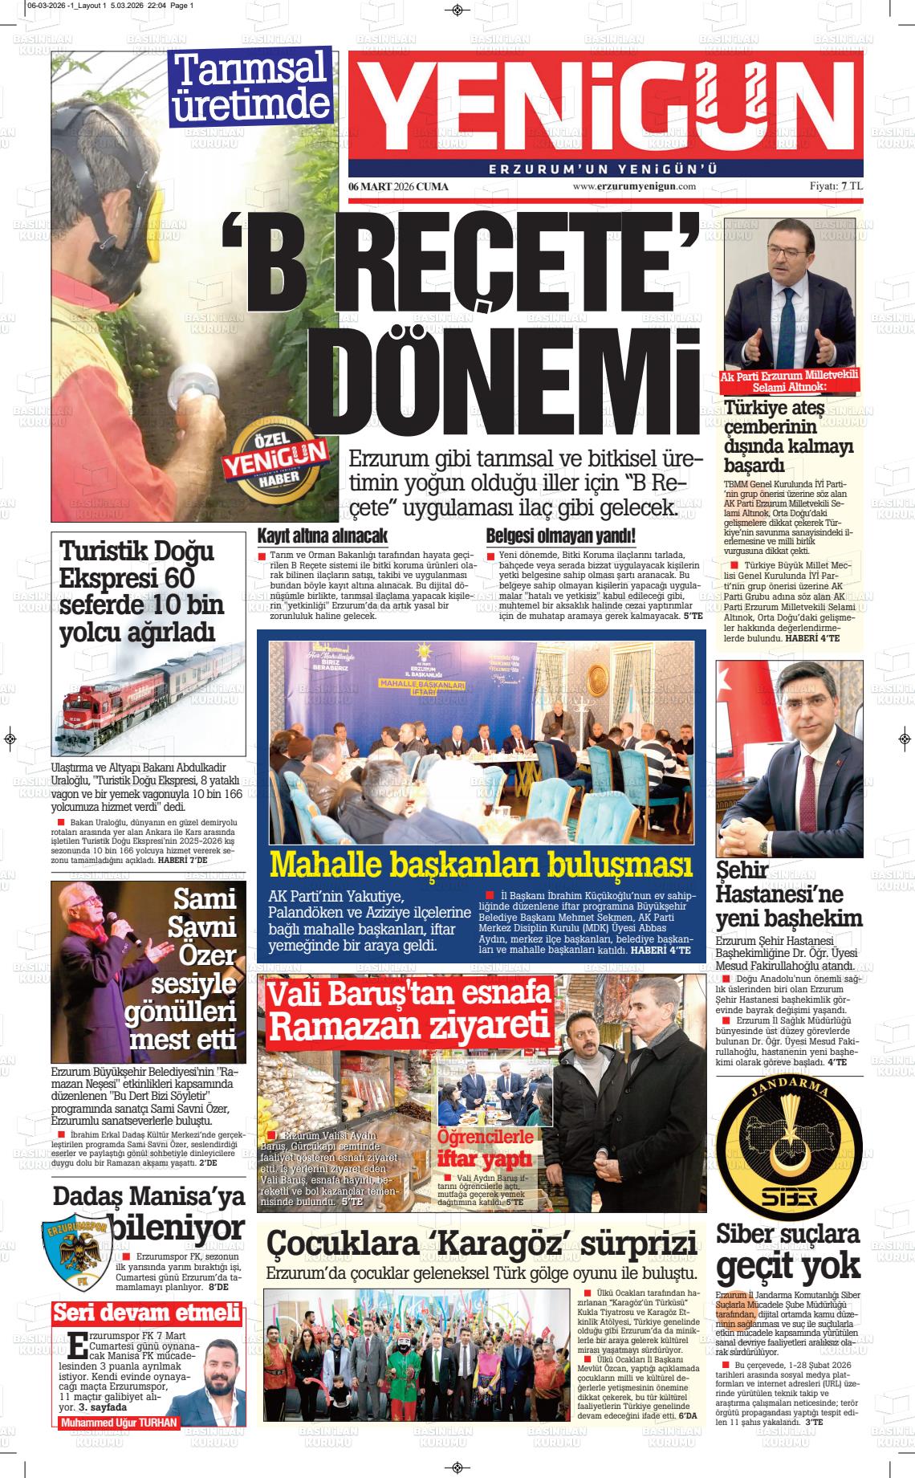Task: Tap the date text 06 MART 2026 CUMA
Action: [x=398, y=186]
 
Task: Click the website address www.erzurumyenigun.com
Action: [x=634, y=186]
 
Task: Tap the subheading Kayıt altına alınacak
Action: [x=323, y=535]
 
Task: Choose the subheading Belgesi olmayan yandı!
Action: [x=561, y=535]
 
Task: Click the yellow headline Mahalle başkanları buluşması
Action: [x=482, y=864]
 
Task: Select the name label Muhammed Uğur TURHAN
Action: [x=119, y=1423]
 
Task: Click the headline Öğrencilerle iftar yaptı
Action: [x=485, y=1147]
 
